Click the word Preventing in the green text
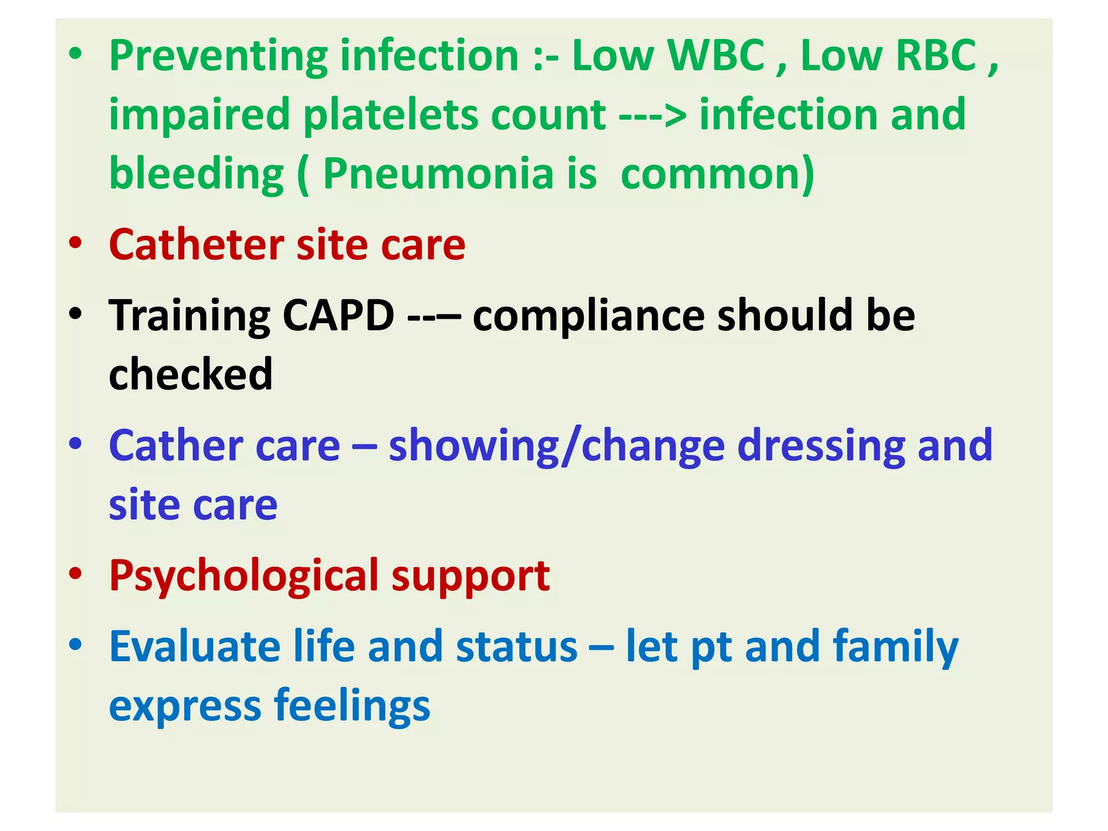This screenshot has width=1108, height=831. click(x=218, y=56)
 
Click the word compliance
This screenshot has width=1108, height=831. click(x=588, y=316)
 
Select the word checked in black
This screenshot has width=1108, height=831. click(x=190, y=374)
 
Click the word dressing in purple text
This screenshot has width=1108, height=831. click(x=821, y=446)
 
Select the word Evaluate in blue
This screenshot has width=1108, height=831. click(x=195, y=647)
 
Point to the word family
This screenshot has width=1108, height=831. click(x=895, y=648)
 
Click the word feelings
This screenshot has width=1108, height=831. click(x=352, y=707)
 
